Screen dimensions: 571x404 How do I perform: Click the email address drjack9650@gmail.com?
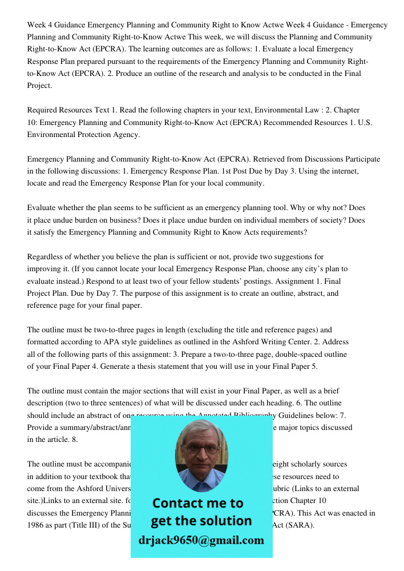tap(201, 540)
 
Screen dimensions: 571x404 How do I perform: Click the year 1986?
tap(37, 525)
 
